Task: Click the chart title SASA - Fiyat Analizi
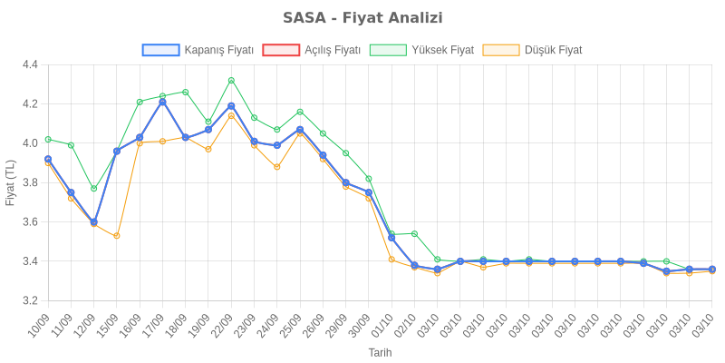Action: pyautogui.click(x=362, y=18)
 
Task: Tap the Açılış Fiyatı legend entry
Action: pyautogui.click(x=312, y=50)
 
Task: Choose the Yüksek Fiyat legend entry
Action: pyautogui.click(x=421, y=50)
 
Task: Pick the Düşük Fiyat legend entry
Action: pyautogui.click(x=533, y=50)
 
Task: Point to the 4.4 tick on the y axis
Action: pyautogui.click(x=30, y=64)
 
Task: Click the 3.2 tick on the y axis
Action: pyautogui.click(x=30, y=300)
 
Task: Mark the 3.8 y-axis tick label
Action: pyautogui.click(x=30, y=182)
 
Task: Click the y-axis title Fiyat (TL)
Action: pyautogui.click(x=10, y=182)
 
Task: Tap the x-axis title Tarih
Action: pyautogui.click(x=380, y=352)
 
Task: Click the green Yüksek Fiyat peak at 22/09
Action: pyautogui.click(x=231, y=80)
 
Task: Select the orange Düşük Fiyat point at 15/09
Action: pyautogui.click(x=117, y=236)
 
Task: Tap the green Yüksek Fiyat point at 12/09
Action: pyautogui.click(x=93, y=189)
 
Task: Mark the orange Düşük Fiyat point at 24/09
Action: pyautogui.click(x=277, y=167)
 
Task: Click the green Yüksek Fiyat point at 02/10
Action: pyautogui.click(x=414, y=233)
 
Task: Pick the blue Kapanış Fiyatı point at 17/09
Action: pyautogui.click(x=162, y=102)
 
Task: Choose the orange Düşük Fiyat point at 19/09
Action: pyautogui.click(x=208, y=149)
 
